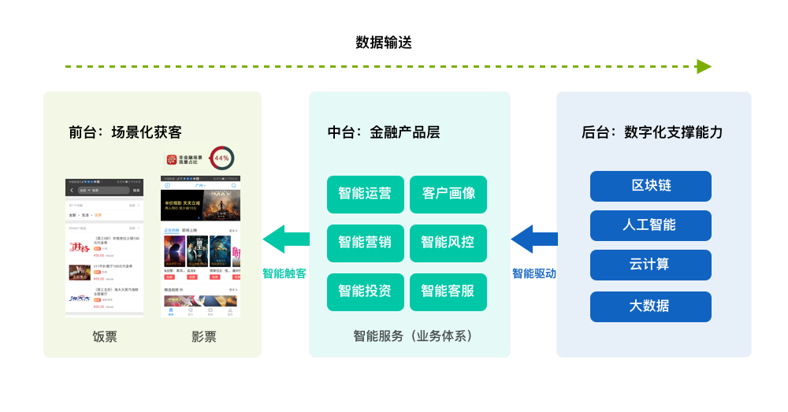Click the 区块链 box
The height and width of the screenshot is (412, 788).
650,186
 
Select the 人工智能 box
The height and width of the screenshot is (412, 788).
650,225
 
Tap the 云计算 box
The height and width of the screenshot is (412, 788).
650,265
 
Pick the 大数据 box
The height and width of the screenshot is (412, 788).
650,306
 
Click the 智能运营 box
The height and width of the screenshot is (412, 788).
365,194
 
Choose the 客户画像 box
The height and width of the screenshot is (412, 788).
448,194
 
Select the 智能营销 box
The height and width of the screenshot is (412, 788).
365,243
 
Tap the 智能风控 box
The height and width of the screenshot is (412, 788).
448,243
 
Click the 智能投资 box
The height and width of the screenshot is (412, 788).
365,291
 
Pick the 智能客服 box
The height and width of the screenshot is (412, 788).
448,291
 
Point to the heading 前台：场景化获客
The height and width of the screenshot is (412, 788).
125,132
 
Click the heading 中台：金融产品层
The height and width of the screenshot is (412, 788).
384,132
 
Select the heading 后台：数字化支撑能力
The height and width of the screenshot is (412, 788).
652,132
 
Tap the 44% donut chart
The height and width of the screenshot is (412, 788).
221,158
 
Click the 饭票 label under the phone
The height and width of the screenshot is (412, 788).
105,337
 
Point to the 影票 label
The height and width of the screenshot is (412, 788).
203,337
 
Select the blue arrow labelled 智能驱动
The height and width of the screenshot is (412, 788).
533,239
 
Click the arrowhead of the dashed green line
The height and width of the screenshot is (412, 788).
704,67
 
